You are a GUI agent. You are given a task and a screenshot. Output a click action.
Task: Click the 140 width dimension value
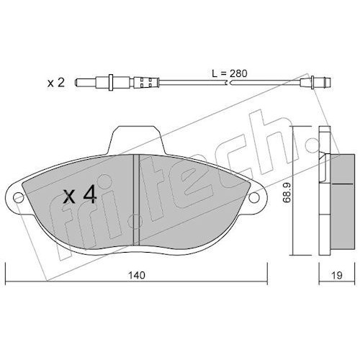(137, 275)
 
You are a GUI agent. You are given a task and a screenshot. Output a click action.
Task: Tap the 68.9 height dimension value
(287, 193)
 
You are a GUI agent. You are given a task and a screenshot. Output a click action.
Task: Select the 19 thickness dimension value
(337, 275)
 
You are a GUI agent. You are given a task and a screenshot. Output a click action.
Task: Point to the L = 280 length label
(230, 73)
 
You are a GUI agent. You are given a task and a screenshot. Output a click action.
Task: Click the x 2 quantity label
(56, 83)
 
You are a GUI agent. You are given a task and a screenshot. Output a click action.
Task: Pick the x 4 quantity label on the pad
(80, 195)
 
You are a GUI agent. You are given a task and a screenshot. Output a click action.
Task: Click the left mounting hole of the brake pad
(18, 197)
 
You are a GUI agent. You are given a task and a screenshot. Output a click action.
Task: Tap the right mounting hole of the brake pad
(254, 197)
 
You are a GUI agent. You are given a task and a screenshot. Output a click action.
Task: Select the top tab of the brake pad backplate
(136, 140)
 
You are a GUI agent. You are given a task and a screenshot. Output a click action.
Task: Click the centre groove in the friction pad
(136, 199)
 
